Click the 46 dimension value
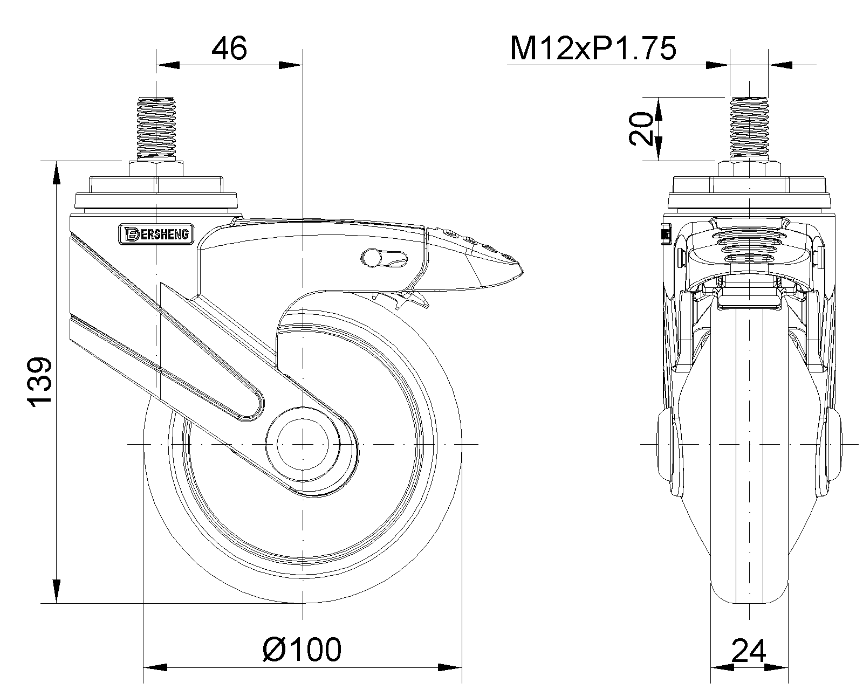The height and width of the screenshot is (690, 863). [229, 49]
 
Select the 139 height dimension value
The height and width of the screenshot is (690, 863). [39, 383]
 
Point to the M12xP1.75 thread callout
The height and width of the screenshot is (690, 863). [593, 49]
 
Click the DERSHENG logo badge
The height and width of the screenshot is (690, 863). [156, 234]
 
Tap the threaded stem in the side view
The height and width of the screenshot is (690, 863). [156, 129]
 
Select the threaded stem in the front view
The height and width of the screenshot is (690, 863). [749, 129]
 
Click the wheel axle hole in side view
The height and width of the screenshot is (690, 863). [303, 444]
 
